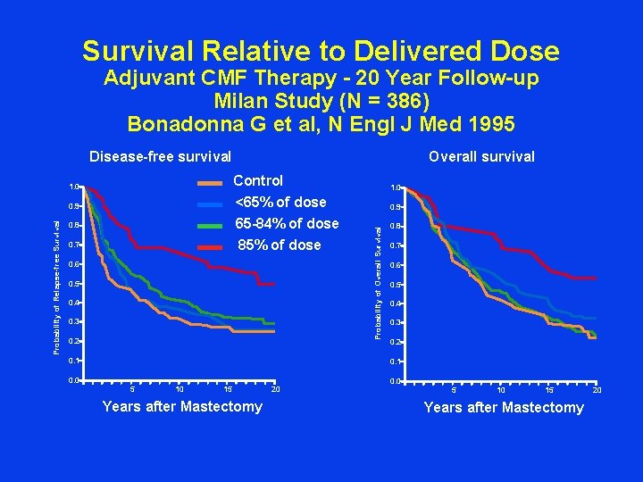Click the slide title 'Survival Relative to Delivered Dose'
(x=321, y=51)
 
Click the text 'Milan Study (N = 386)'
(x=321, y=101)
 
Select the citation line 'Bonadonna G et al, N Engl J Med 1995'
(x=321, y=122)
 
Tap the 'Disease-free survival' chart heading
(x=160, y=157)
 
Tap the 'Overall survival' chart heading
(x=481, y=157)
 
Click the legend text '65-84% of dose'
(x=286, y=223)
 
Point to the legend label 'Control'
(x=258, y=181)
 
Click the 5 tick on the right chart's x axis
(x=453, y=390)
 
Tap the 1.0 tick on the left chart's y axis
(x=74, y=187)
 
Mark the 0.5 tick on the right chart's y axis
(x=394, y=285)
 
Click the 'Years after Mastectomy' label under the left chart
(x=182, y=407)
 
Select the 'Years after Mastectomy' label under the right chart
(x=504, y=408)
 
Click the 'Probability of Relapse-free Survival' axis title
(x=57, y=286)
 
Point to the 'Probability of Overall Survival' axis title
(x=379, y=277)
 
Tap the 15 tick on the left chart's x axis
(x=228, y=389)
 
